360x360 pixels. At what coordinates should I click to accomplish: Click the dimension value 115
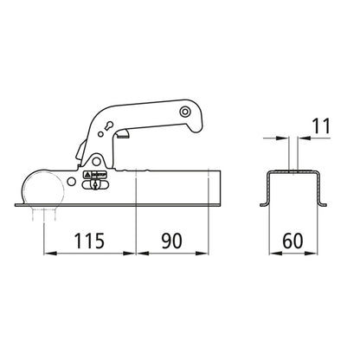pos(91,240)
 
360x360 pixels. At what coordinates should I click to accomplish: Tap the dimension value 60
pos(294,240)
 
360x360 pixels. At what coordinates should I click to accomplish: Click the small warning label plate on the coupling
pos(95,183)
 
